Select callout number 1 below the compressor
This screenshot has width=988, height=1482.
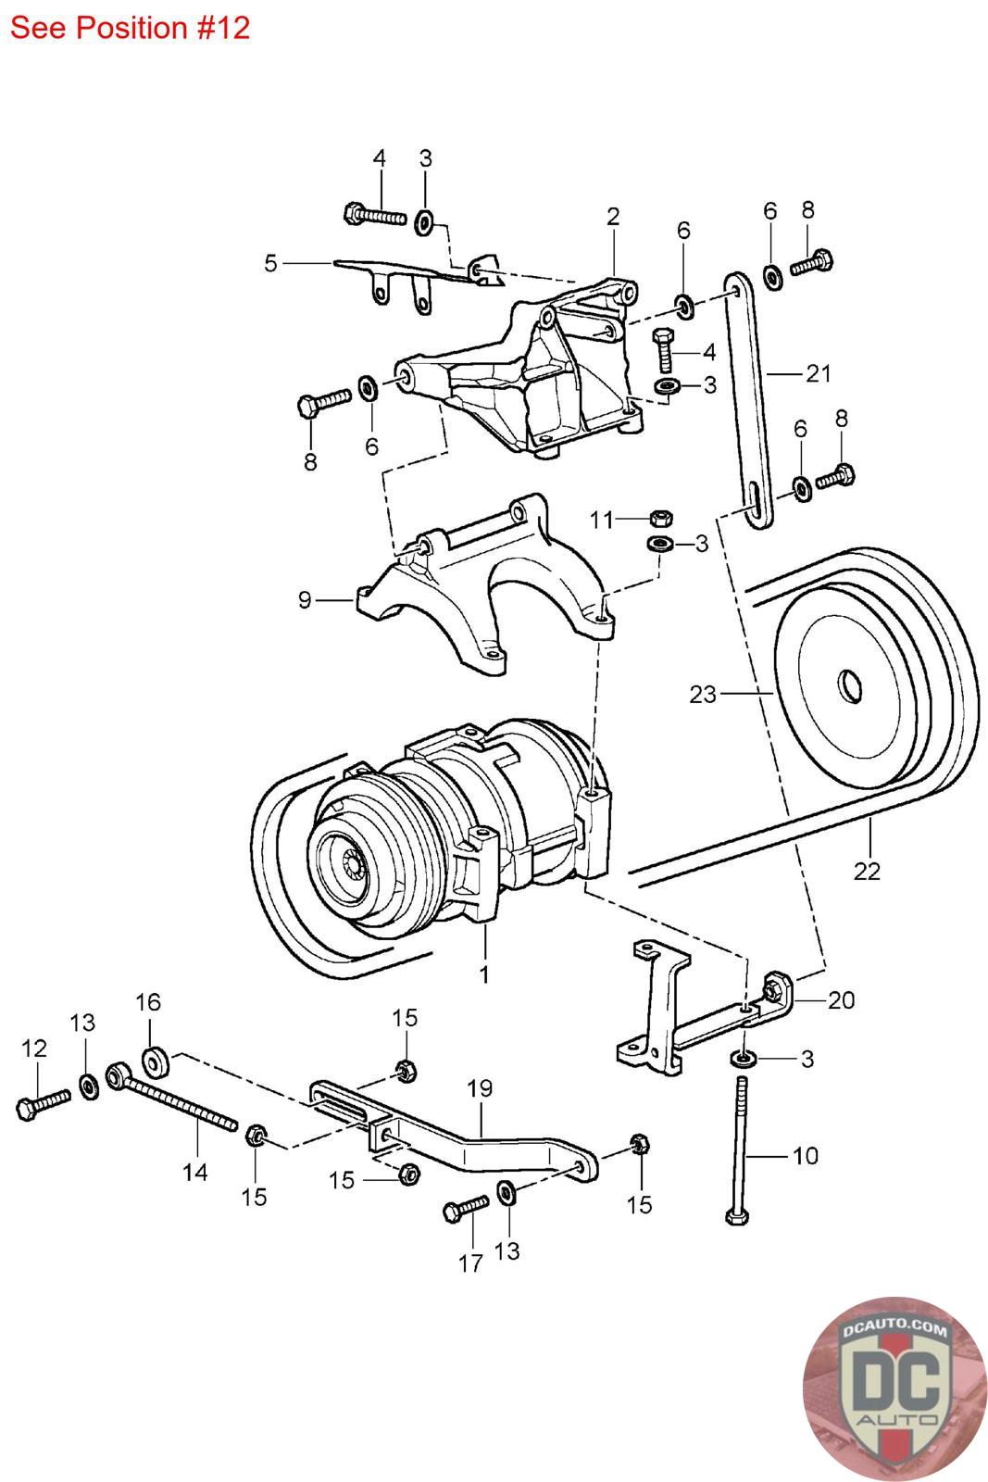[483, 974]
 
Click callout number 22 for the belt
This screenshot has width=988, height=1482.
[867, 871]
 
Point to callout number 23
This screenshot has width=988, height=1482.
[703, 693]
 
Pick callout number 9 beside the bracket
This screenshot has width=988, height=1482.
[305, 600]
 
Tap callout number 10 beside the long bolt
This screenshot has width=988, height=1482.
[806, 1155]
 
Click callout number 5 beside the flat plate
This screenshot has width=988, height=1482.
[270, 263]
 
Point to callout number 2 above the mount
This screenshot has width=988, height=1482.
[613, 217]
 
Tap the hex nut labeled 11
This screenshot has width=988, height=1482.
[661, 518]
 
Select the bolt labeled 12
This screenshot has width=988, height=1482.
[43, 1104]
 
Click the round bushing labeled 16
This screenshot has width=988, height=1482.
[155, 1061]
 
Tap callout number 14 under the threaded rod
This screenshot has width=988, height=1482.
[194, 1172]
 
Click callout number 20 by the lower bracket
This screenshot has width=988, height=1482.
[842, 999]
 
